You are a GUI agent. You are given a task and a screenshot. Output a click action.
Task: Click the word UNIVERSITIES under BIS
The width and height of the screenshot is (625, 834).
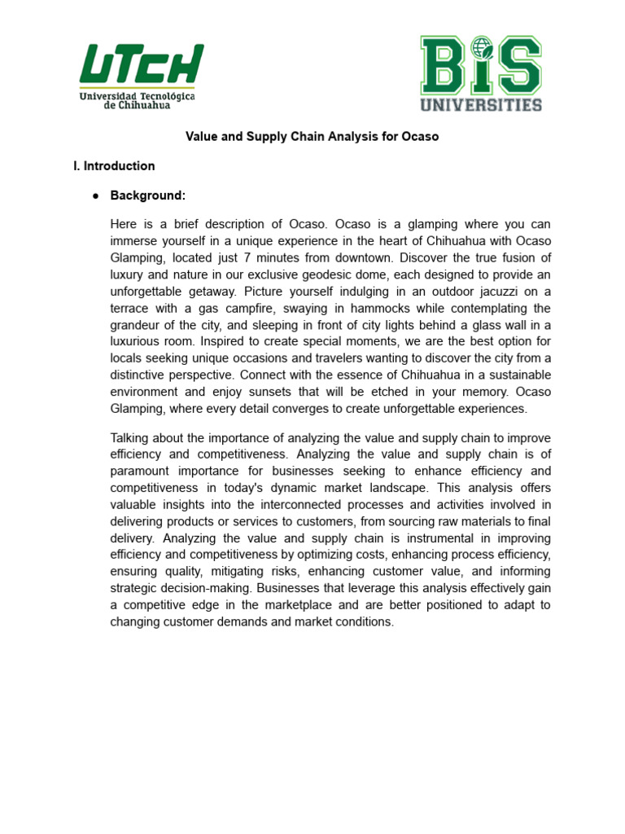[480, 104]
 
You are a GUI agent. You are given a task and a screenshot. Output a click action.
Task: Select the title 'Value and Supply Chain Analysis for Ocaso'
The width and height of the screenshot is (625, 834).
[312, 137]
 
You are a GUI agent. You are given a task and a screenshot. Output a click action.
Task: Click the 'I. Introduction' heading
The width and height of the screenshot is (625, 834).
[114, 166]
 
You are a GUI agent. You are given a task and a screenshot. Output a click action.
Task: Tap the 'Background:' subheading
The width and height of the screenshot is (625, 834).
[148, 195]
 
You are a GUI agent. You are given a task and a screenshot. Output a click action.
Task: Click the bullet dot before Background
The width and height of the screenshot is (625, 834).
[95, 196]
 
